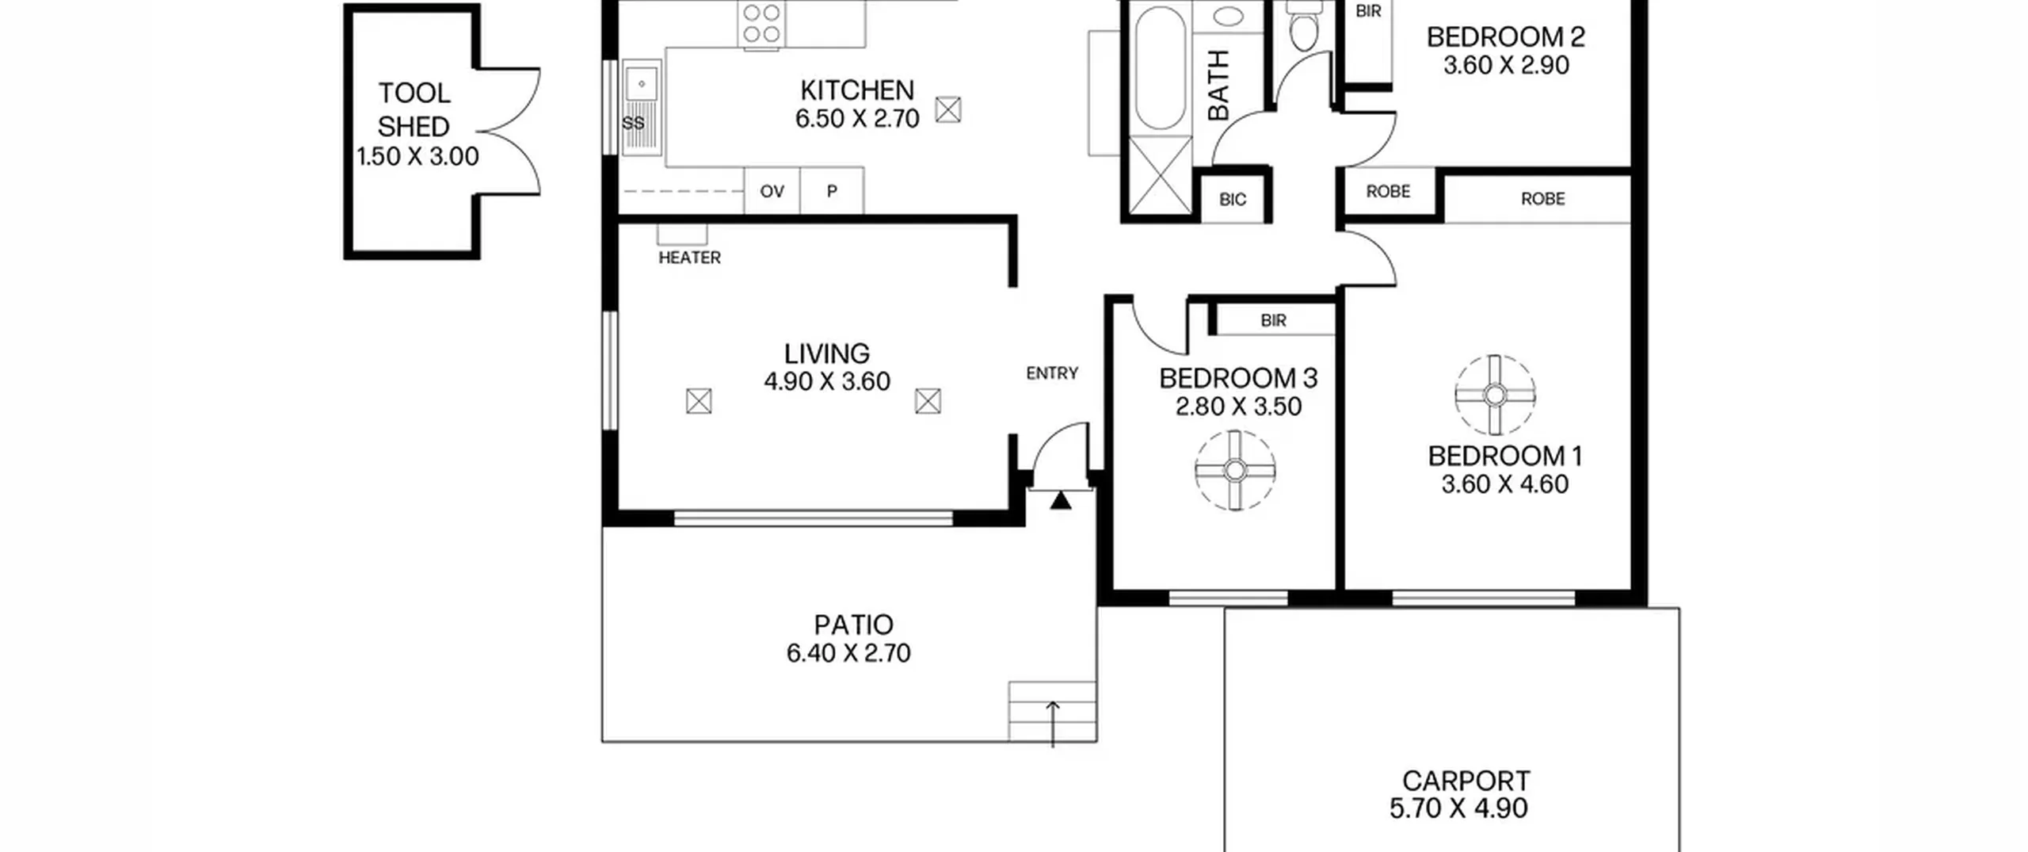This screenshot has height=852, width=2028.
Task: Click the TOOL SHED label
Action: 414,109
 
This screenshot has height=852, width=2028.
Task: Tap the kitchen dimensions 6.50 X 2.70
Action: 857,119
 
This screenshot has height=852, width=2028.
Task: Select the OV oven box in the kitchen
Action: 772,190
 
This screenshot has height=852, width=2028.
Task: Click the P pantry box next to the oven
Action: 832,190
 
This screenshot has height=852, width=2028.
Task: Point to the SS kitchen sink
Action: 641,107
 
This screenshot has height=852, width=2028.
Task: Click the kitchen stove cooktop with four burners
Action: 761,24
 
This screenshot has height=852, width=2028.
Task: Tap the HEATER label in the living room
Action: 689,258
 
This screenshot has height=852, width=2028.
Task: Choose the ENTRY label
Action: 1052,373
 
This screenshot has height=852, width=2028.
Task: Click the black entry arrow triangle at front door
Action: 1061,501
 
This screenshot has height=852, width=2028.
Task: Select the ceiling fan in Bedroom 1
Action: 1495,395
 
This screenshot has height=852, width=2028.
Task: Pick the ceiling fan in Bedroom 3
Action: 1235,471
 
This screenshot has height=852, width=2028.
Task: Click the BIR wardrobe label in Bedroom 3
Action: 1273,321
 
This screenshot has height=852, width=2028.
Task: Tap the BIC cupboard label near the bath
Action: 1233,200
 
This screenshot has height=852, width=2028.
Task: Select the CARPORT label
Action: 1466,781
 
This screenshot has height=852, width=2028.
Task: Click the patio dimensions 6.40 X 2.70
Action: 848,653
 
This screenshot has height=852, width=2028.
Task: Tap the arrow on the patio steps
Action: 1053,724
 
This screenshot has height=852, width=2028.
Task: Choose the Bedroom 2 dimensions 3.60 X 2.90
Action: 1506,65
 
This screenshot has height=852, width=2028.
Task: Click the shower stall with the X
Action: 1160,175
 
